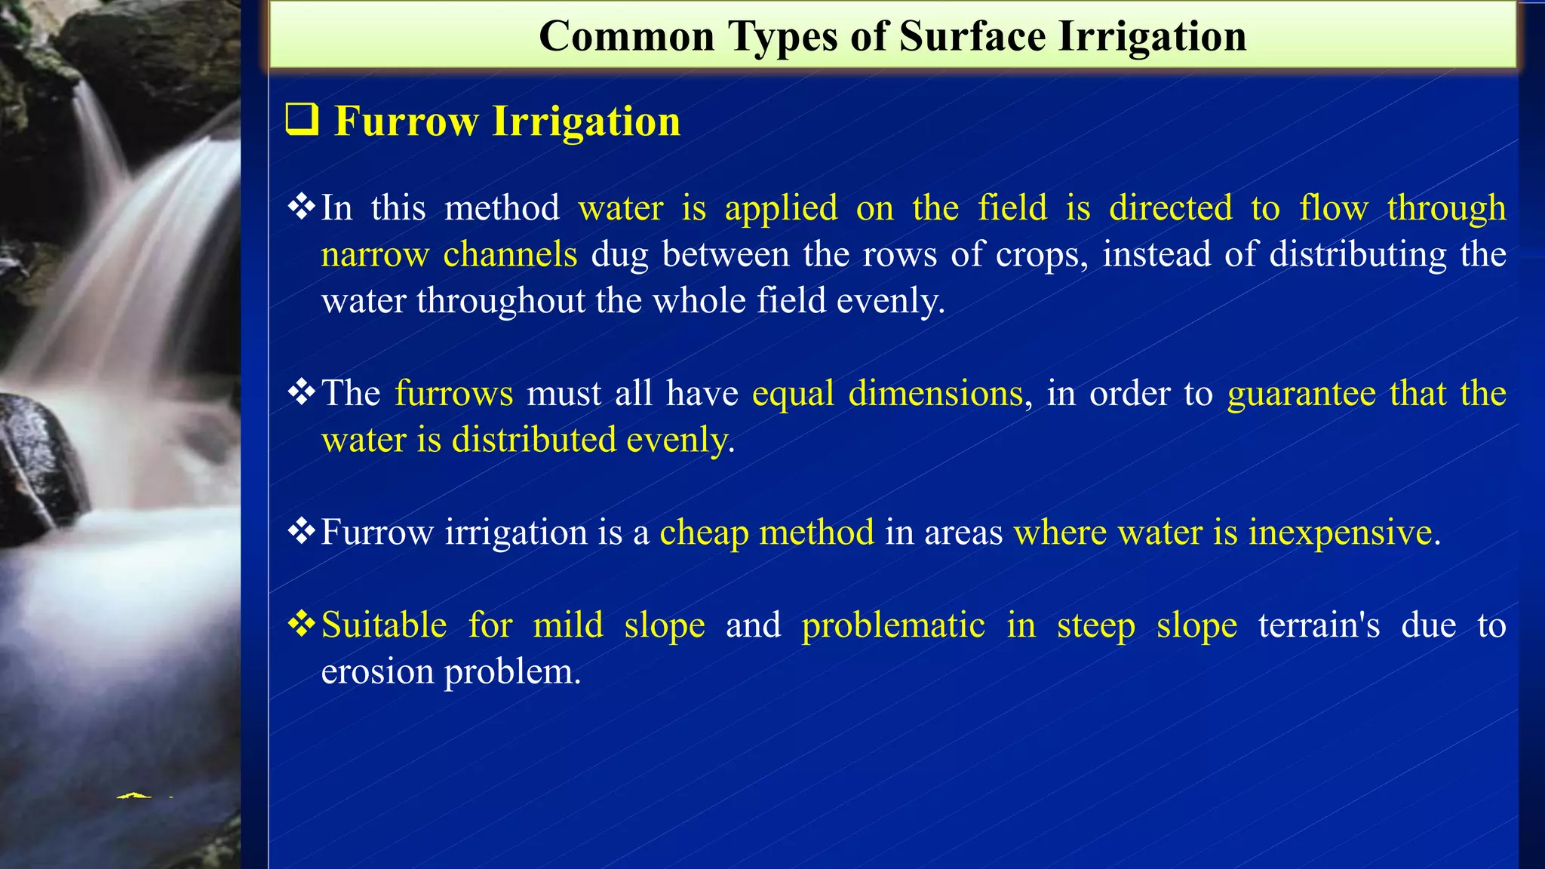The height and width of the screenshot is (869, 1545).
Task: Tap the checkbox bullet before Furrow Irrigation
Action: point(303,121)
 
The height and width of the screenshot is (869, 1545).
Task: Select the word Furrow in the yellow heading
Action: point(406,121)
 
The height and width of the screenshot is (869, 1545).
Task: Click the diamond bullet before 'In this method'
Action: point(302,207)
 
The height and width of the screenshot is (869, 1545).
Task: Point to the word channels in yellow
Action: point(510,254)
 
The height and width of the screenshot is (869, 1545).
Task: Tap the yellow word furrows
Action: point(453,394)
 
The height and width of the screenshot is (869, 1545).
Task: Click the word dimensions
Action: point(935,394)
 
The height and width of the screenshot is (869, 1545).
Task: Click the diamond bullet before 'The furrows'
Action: point(302,393)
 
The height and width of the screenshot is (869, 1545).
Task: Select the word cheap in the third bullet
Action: point(704,533)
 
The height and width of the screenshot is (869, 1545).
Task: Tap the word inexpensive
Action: point(1340,533)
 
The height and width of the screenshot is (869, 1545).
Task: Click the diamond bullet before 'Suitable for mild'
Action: point(302,625)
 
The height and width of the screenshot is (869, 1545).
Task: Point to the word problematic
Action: point(893,625)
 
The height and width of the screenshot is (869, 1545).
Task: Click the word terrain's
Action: point(1319,625)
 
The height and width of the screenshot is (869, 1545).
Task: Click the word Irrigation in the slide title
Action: point(1152,36)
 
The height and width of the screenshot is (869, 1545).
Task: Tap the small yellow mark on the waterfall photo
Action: point(135,795)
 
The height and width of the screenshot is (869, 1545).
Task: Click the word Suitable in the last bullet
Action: point(384,625)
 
